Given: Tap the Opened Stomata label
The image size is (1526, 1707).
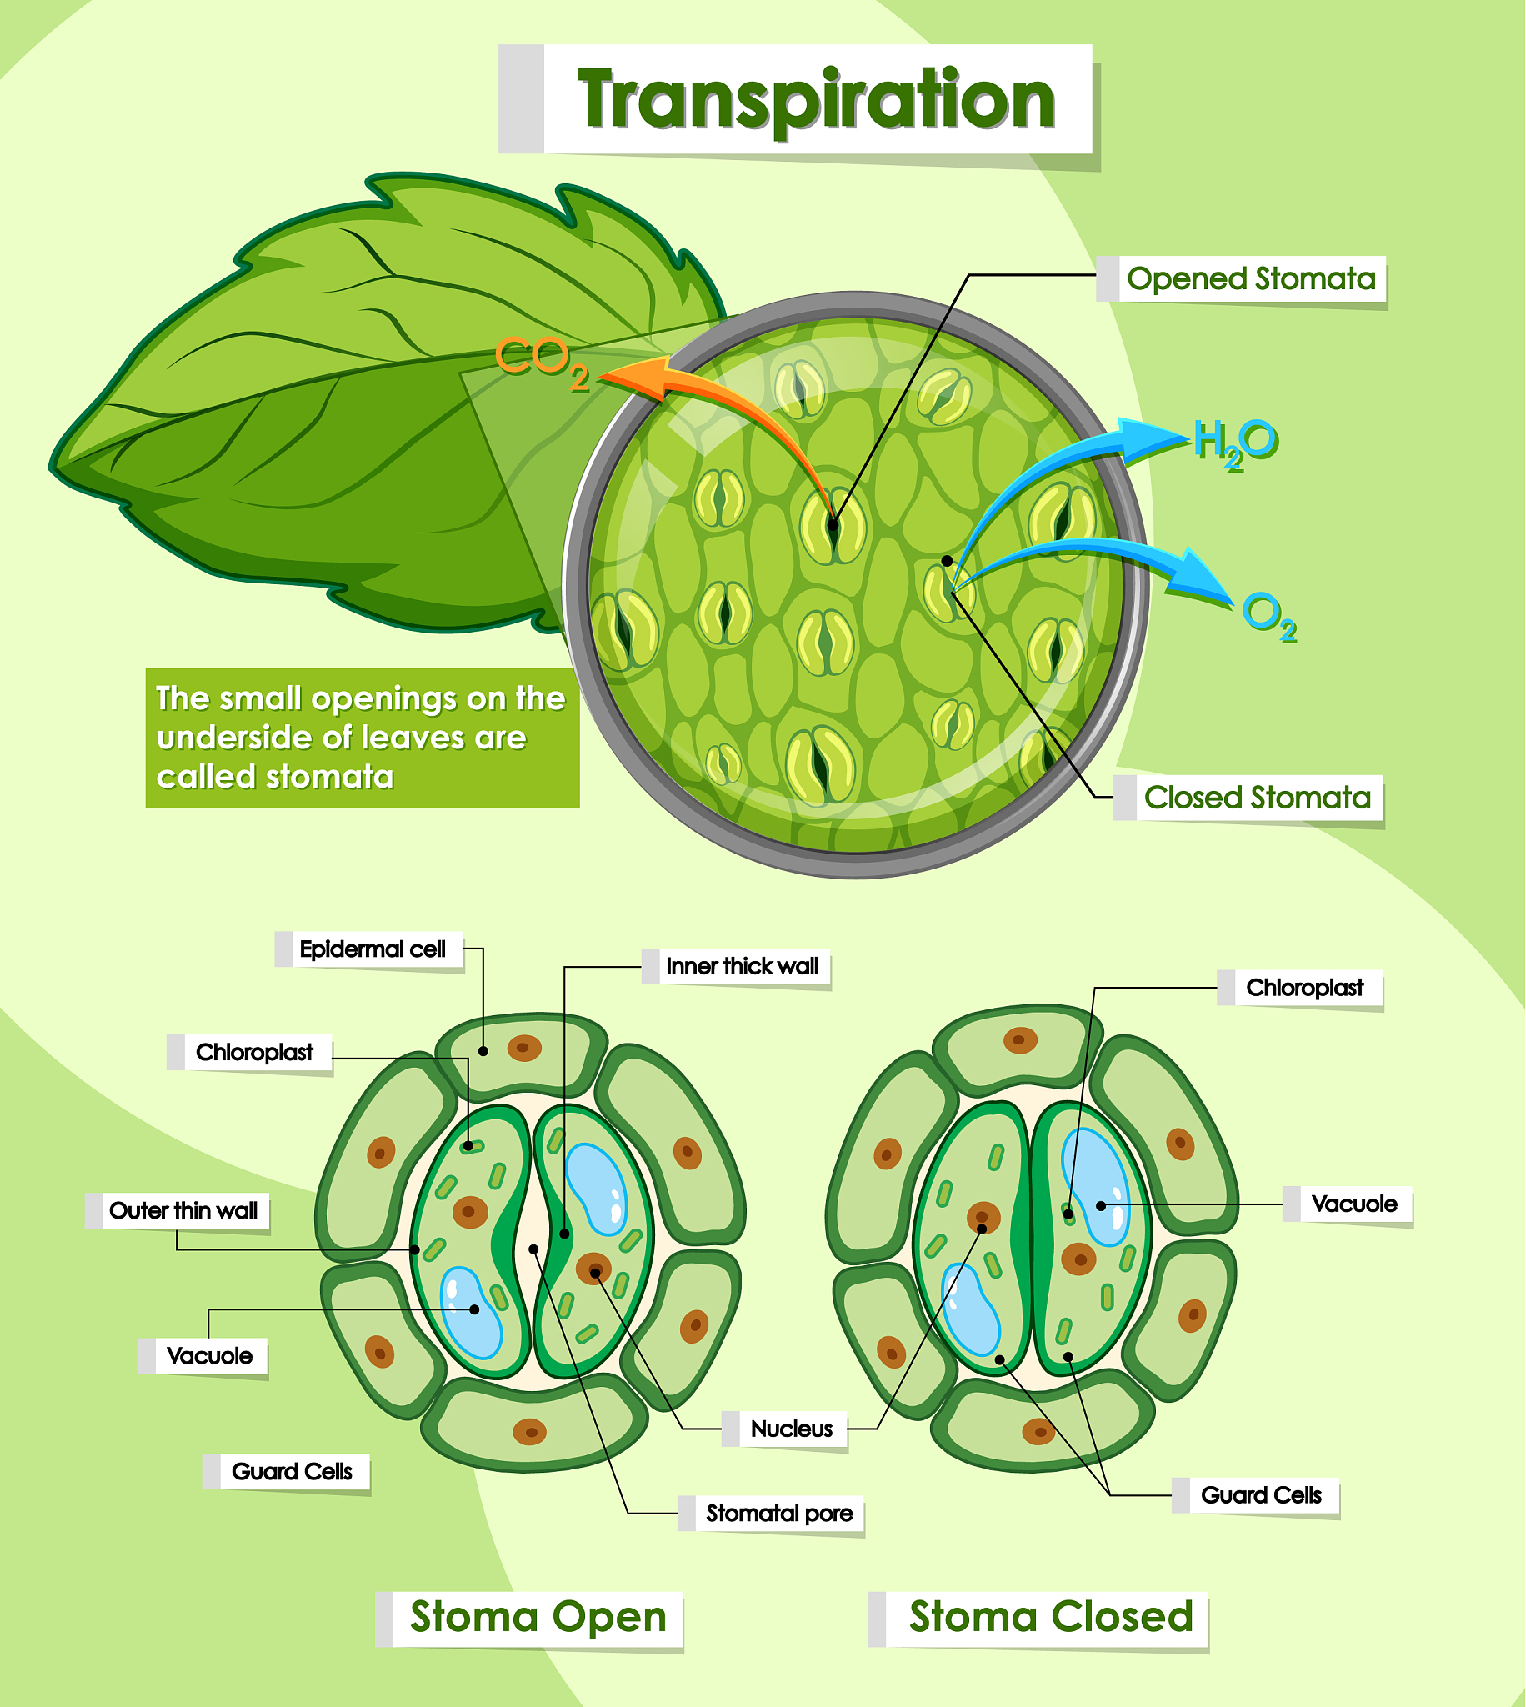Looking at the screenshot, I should click(x=1250, y=279).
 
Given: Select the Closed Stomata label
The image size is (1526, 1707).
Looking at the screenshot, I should click(x=1257, y=798).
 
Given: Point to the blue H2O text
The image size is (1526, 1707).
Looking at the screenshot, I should click(x=1235, y=442).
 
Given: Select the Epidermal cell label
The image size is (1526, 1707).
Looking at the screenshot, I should click(x=373, y=949).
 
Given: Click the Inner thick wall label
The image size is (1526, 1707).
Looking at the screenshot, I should click(x=741, y=966).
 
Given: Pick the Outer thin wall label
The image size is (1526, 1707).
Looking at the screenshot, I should click(x=183, y=1211).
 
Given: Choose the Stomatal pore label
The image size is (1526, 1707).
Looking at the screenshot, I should click(x=778, y=1514).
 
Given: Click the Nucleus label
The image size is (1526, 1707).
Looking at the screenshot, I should click(x=791, y=1429).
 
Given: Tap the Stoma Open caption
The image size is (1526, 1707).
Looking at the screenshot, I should click(x=538, y=1617).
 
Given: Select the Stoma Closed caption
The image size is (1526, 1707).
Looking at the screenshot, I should click(x=1051, y=1617).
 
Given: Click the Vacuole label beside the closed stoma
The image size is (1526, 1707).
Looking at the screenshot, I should click(x=1353, y=1204).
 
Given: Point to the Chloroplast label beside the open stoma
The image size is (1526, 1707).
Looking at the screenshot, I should click(x=254, y=1052).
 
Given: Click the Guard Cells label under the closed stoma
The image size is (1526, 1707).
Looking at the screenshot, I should click(x=1260, y=1496).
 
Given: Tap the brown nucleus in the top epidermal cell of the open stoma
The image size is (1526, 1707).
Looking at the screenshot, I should click(x=524, y=1047).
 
